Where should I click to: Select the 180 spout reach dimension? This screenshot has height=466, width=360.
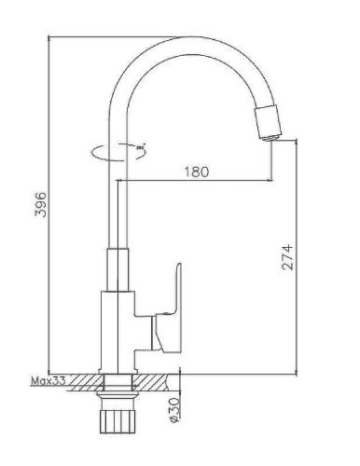pos(197,171)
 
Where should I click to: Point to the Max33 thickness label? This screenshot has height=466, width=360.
pos(46,381)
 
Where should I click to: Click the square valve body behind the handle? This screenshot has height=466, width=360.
pos(116,326)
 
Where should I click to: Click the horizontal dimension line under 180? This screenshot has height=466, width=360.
pos(197,181)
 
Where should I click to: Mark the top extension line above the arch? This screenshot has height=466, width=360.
pos(112,38)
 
